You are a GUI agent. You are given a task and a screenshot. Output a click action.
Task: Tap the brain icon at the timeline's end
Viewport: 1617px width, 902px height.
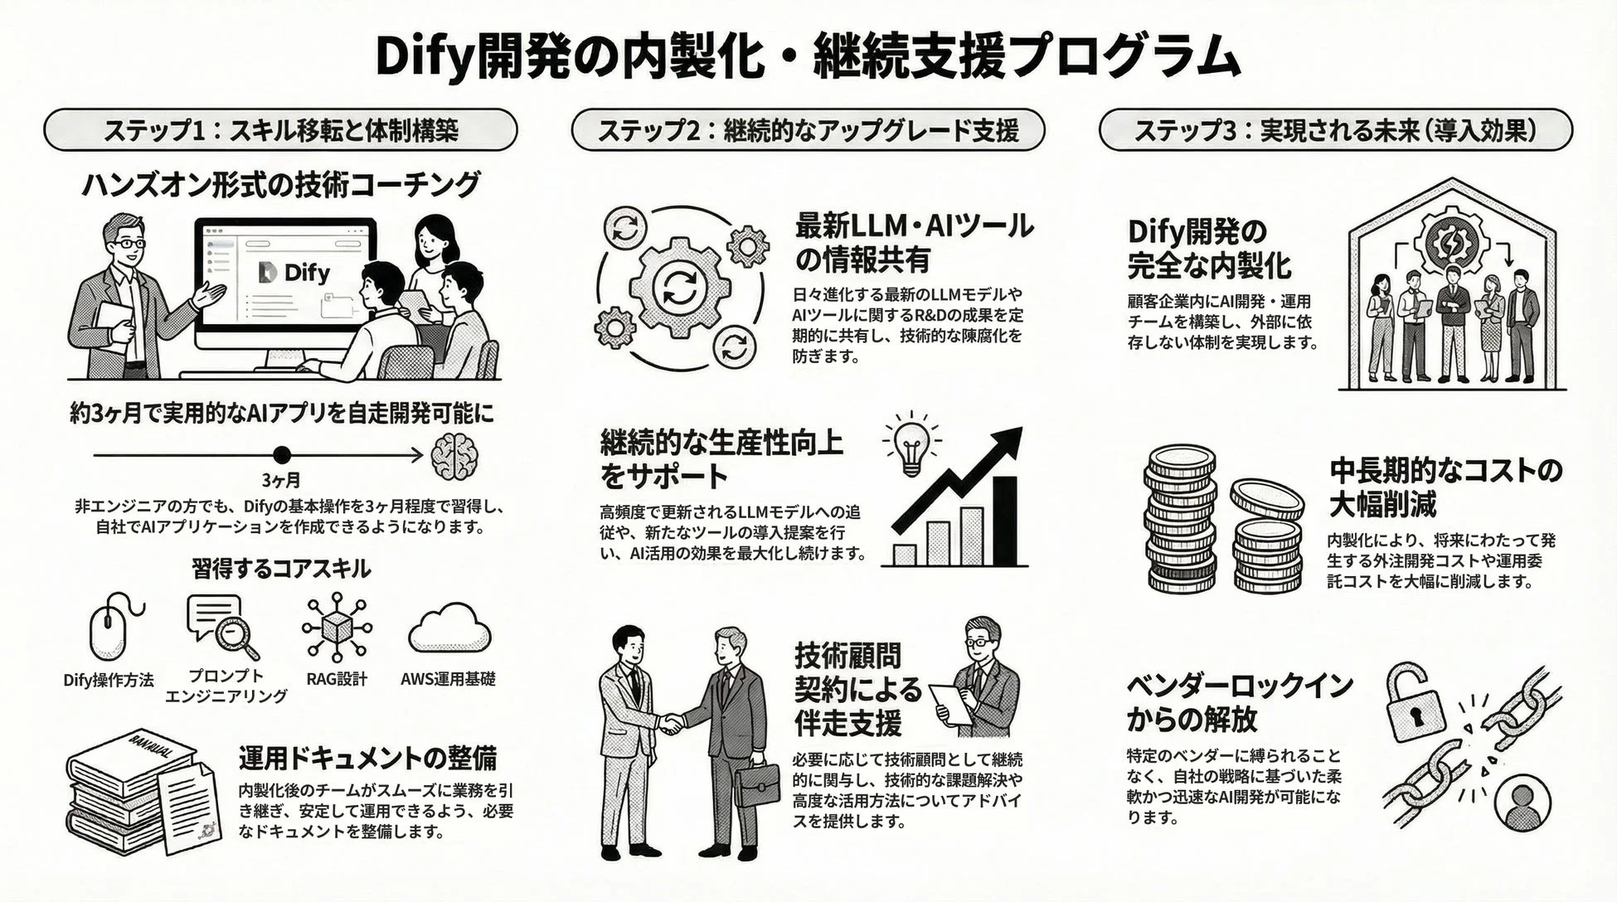pos(454,455)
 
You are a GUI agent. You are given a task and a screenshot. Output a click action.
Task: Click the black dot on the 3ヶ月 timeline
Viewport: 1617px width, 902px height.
pos(282,454)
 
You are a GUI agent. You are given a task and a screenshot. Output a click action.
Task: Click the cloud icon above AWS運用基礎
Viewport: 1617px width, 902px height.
pos(450,629)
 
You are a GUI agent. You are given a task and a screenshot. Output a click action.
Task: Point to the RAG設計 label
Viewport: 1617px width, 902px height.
pos(336,679)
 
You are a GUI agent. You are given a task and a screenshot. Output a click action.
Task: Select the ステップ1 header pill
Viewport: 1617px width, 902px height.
pos(280,130)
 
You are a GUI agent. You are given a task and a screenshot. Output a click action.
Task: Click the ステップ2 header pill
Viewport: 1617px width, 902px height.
pos(808,130)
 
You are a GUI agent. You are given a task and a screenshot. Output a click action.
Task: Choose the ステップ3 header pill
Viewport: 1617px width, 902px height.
pos(1335,130)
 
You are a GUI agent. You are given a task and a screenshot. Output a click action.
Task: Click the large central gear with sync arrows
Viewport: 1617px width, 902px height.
pos(679,289)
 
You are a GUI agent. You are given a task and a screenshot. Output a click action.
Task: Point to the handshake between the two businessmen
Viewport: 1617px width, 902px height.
pos(670,724)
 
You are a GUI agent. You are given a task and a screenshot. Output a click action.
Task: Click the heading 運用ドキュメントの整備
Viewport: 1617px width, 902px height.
pos(367,758)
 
